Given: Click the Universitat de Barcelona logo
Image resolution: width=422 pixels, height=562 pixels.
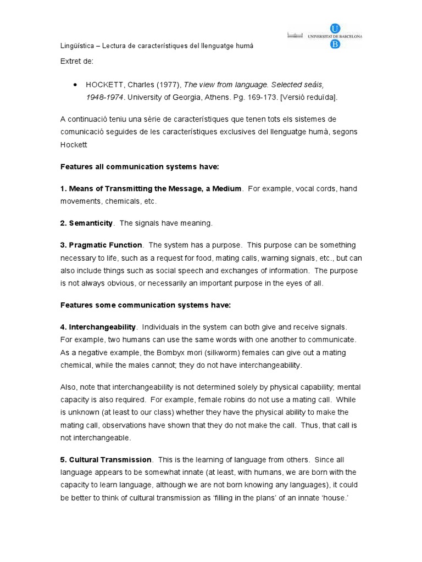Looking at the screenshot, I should point(324,36).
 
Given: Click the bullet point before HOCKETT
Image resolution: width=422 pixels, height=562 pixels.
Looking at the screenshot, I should point(75,85).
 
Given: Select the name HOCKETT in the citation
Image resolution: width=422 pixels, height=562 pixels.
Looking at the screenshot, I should point(103,85).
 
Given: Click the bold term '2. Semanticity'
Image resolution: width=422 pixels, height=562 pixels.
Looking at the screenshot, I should point(86,223).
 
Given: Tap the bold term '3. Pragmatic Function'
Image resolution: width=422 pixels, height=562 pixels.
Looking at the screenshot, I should point(101,245).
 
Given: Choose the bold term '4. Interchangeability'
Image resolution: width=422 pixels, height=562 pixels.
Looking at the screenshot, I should point(99,327).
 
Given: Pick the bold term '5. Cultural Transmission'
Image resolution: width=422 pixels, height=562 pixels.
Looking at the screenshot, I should point(105,459).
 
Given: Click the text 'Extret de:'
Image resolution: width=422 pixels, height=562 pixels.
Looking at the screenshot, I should point(77,60).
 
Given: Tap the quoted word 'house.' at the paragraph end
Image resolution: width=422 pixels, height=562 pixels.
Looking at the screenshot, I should point(337,497).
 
